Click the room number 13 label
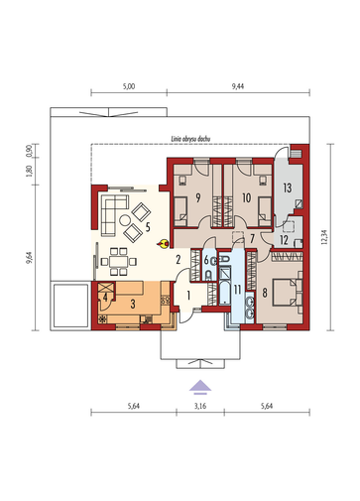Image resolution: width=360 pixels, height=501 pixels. tap(288, 188)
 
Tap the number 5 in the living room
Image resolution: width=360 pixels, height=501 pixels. tap(148, 227)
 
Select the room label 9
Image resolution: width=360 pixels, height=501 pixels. tap(198, 197)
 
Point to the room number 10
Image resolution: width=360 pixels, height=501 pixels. tap(247, 197)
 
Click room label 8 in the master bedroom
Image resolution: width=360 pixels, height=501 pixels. tap(265, 293)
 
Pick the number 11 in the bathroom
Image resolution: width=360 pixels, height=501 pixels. tap(237, 290)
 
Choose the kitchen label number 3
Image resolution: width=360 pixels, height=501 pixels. tap(133, 304)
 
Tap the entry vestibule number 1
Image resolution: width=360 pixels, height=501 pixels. tap(188, 296)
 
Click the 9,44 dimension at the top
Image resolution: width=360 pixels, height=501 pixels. tap(238, 86)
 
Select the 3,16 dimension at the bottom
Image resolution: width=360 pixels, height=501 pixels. tap(200, 406)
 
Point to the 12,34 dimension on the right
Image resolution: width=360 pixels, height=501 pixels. tap(324, 237)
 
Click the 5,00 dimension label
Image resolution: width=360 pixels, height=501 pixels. tap(129, 86)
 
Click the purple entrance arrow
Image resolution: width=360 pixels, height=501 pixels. tap(200, 387)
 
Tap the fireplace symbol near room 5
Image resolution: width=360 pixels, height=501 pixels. tap(164, 244)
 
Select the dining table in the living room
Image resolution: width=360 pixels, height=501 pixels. tap(119, 262)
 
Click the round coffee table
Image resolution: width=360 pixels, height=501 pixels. tap(125, 220)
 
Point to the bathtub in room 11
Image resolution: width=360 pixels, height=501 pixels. tap(225, 293)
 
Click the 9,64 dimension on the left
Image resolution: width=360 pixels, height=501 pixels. tap(30, 258)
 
